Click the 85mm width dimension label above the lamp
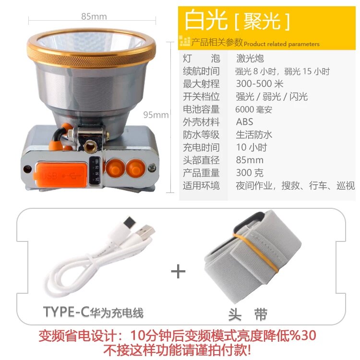pos(94,16)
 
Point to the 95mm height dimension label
pos(156,115)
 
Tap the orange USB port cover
pos(61,175)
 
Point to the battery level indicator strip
pos(95,170)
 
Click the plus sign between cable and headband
pos(178,271)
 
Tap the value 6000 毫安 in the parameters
pos(254,109)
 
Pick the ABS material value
pos(244,122)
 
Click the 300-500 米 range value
pos(260,84)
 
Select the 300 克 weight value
pos(250,173)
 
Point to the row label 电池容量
pos(201,109)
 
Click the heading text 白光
pos(206,20)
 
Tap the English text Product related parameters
pos(282,44)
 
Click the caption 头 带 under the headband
pos(248,314)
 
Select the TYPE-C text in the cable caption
pos(66,312)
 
